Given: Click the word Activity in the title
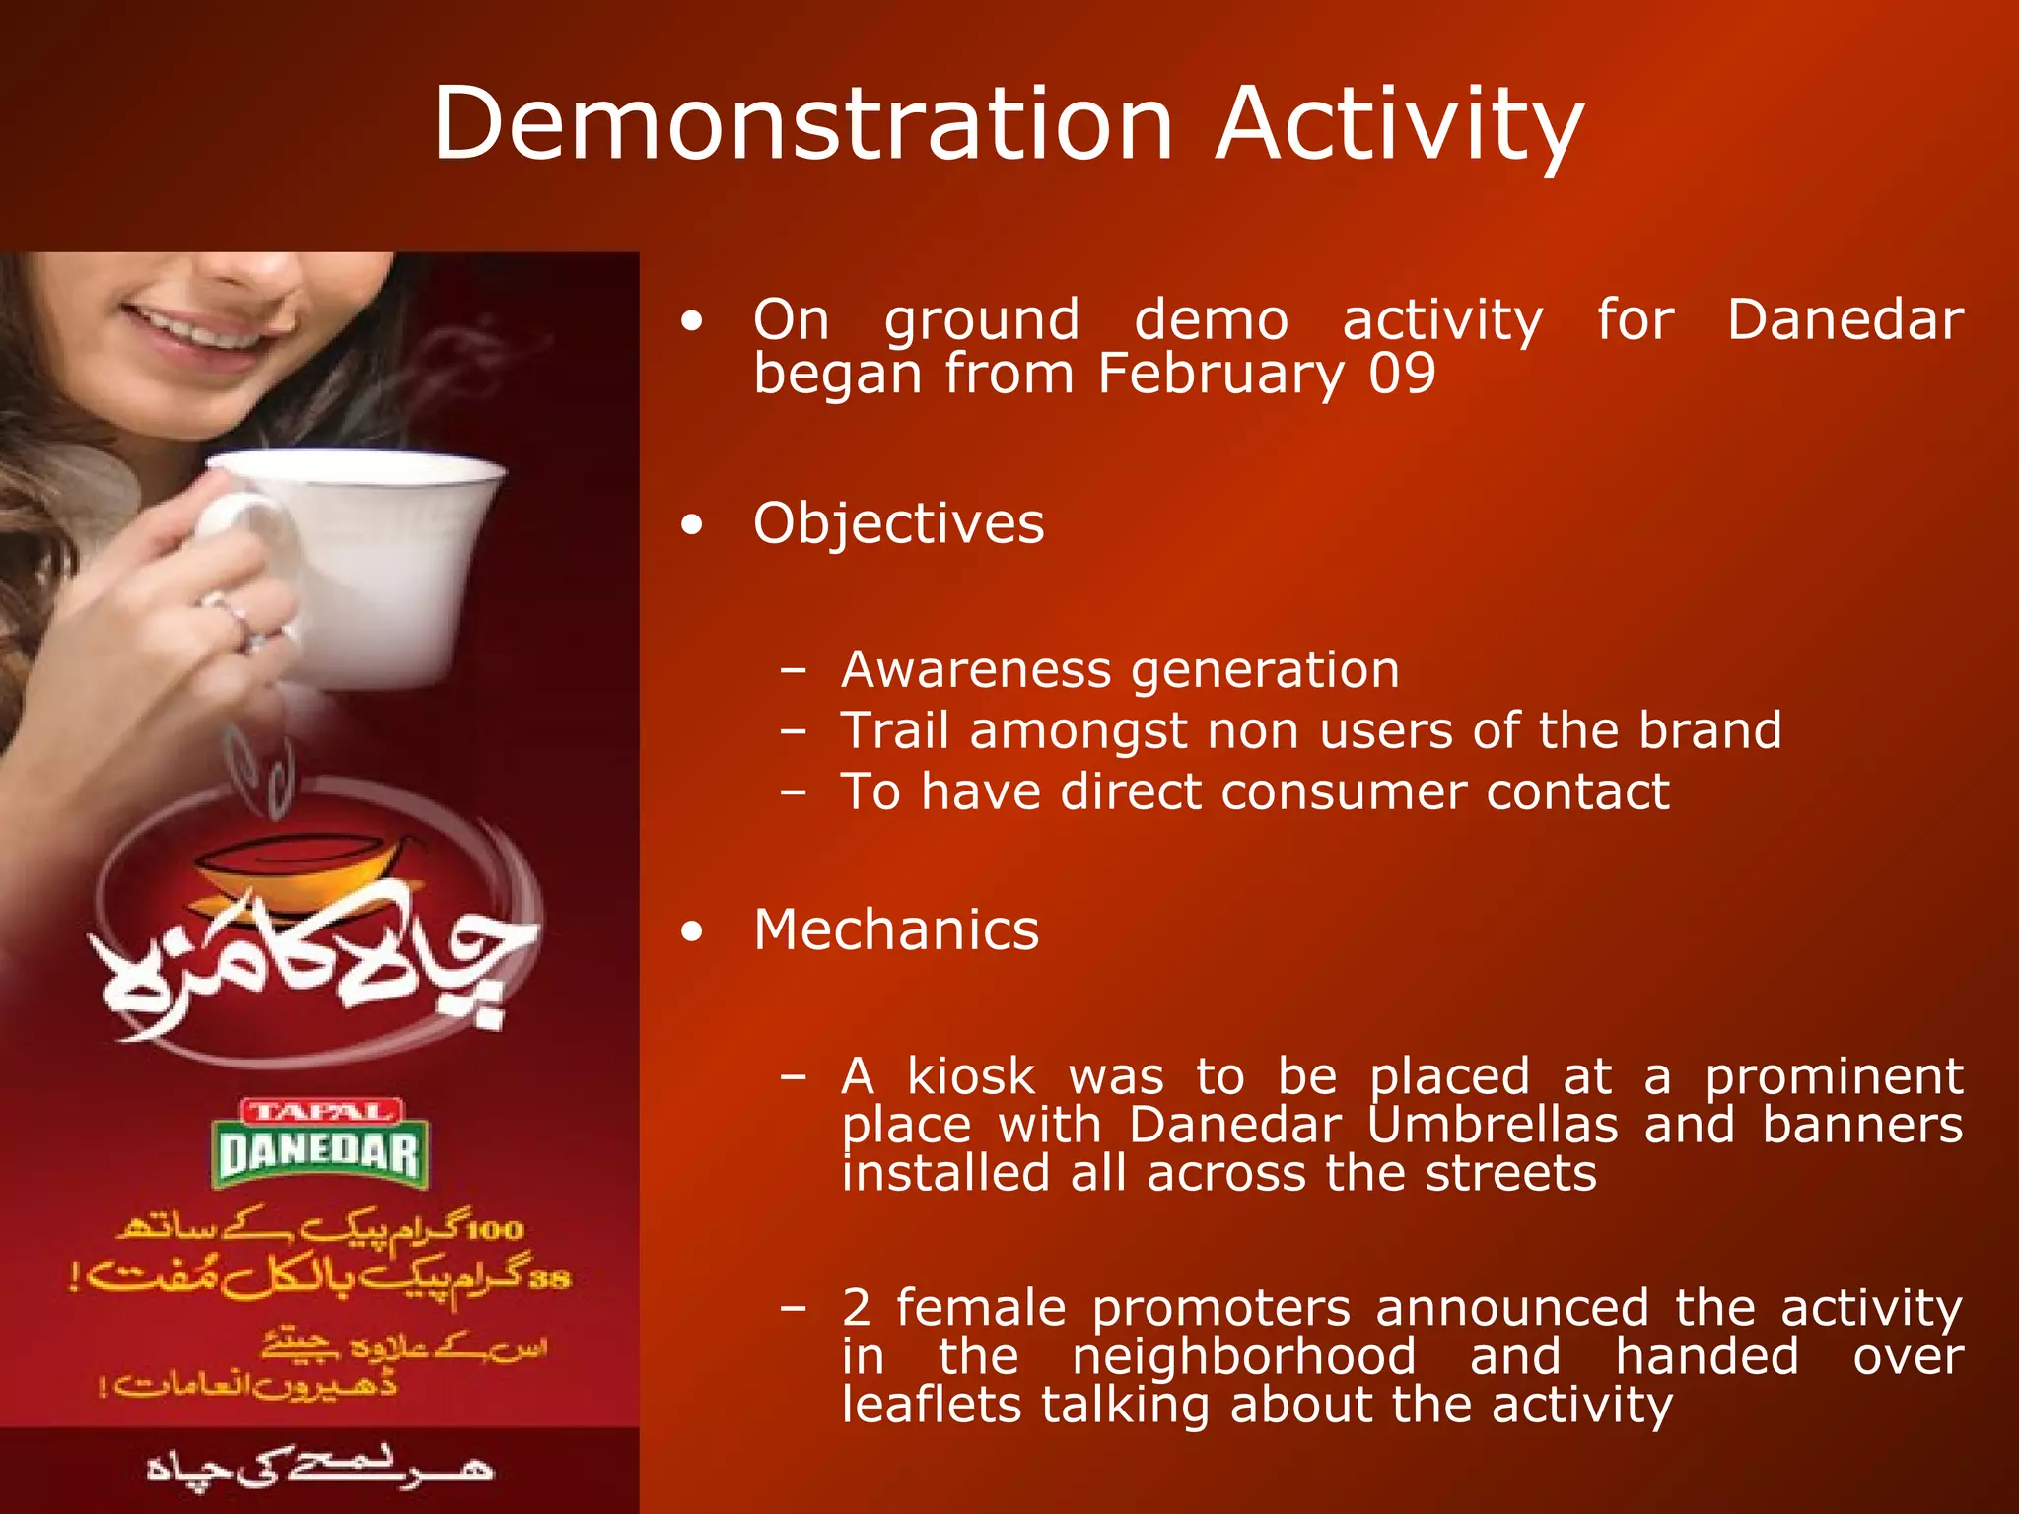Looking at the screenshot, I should (1400, 126).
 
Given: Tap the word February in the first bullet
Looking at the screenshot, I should (1221, 375).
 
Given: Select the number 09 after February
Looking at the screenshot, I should (1402, 375).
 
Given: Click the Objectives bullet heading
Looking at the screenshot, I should (898, 523).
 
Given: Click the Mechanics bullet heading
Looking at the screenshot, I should (895, 930).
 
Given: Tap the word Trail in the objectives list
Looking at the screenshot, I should (894, 731).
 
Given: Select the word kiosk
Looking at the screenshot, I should (971, 1076).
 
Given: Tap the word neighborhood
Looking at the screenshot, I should (1244, 1356).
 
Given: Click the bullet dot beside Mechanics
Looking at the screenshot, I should (693, 931).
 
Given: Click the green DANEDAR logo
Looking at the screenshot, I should (318, 1155).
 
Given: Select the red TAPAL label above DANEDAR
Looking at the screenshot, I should (320, 1112).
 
